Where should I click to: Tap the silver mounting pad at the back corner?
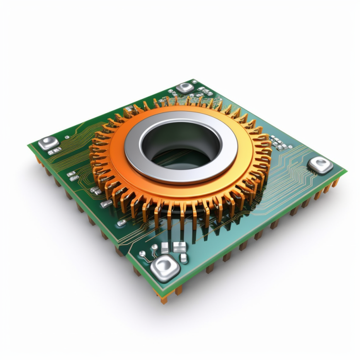pyautogui.click(x=185, y=87)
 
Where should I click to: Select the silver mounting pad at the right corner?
pyautogui.click(x=320, y=165)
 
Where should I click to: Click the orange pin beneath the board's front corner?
pyautogui.click(x=165, y=298)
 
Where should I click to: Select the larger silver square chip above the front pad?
pyautogui.click(x=179, y=247)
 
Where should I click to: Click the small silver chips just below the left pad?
pyautogui.click(x=55, y=151)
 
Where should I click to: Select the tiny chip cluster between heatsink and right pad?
pyautogui.click(x=278, y=141)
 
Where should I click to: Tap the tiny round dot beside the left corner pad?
pyautogui.click(x=66, y=138)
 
